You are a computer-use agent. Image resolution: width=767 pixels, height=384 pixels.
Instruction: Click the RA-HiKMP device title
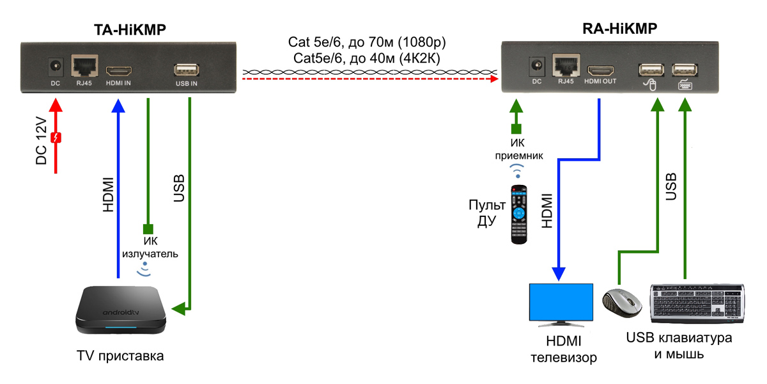(619, 29)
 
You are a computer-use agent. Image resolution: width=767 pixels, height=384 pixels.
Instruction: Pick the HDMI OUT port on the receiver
(600, 68)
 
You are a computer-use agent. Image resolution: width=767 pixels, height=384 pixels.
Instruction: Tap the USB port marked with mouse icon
(650, 69)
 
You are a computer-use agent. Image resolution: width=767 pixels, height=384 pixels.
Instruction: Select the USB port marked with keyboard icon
(685, 69)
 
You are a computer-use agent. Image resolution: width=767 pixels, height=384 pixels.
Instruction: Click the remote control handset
(520, 214)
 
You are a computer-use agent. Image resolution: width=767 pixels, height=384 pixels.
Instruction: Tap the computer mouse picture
(623, 302)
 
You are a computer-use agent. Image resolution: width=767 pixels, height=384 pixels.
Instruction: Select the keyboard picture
(698, 303)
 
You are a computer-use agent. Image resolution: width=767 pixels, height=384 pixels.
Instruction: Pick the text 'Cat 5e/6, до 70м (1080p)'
(367, 44)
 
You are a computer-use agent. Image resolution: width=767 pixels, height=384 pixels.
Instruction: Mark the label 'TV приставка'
(120, 356)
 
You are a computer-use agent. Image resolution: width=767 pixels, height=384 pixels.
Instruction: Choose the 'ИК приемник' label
(518, 148)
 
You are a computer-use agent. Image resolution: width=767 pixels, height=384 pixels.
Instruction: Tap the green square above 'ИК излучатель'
(148, 228)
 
